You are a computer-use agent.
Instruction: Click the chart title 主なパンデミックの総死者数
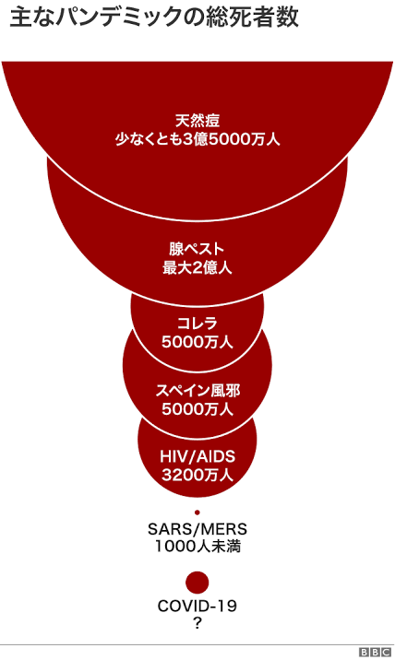point(154,17)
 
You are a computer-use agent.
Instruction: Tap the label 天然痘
point(197,122)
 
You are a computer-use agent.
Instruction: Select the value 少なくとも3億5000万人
point(197,139)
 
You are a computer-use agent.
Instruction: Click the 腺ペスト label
point(197,249)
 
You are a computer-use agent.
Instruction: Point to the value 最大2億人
point(197,267)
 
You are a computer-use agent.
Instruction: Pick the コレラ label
point(197,324)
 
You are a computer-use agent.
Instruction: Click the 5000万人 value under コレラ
point(197,342)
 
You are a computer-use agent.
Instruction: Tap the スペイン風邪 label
point(197,391)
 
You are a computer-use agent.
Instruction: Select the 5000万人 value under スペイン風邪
point(197,409)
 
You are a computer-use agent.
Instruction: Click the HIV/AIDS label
point(197,456)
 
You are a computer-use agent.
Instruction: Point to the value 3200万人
point(197,476)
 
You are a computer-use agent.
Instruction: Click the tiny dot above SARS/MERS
point(197,513)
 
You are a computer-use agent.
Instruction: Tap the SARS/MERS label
point(197,529)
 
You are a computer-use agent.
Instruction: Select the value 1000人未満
point(197,547)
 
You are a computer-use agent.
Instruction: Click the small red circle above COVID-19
point(197,583)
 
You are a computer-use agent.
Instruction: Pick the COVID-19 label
point(197,607)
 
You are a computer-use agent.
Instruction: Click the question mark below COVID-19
point(197,623)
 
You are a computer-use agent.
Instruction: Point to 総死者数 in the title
point(253,17)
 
